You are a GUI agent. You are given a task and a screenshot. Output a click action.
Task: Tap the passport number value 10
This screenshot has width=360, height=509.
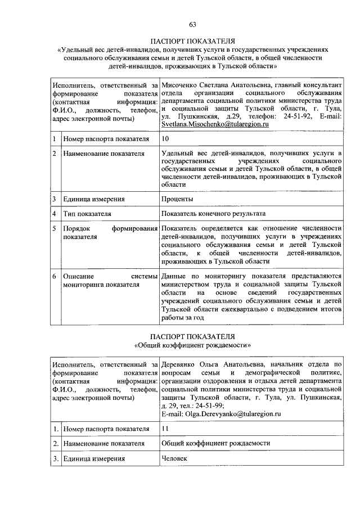[164, 138]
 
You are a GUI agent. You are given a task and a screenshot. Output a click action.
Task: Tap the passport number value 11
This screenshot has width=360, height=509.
[164, 429]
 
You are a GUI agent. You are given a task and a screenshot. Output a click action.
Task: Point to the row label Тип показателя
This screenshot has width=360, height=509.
[87, 214]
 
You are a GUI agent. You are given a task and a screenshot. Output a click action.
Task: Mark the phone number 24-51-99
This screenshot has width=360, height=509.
[211, 406]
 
